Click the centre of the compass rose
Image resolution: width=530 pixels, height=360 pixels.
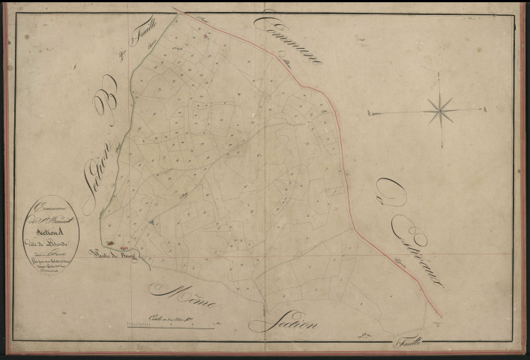[440, 112]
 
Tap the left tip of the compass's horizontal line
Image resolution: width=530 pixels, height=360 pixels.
[369, 114]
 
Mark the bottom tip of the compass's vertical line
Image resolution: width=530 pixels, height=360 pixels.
[442, 148]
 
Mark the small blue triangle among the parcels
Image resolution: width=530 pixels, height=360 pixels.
[152, 223]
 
